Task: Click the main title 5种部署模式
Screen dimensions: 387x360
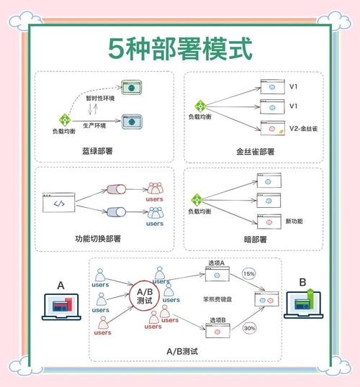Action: point(181,50)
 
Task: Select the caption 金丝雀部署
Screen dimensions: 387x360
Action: point(255,152)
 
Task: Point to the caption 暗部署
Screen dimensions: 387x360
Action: point(255,239)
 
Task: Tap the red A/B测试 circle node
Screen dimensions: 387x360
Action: point(145,296)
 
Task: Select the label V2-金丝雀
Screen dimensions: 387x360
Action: point(303,128)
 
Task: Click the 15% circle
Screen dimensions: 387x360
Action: point(249,274)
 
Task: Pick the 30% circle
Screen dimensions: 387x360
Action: point(250,328)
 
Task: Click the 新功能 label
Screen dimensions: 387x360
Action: point(295,221)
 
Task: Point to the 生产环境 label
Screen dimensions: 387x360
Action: point(94,126)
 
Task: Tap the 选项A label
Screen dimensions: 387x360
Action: point(217,263)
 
